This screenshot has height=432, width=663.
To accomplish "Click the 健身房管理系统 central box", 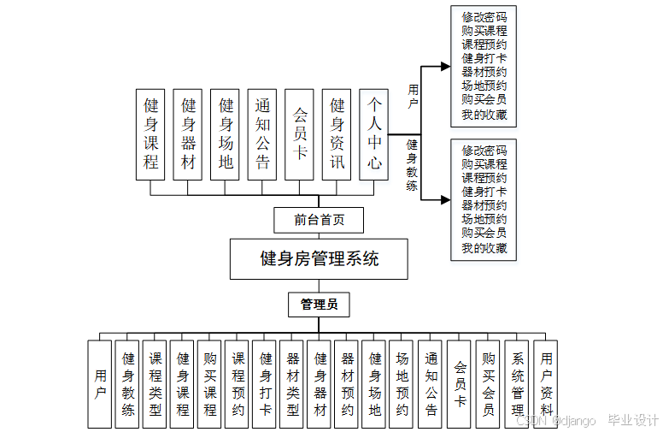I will click(318, 259).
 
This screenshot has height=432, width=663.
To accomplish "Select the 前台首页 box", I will click(319, 220).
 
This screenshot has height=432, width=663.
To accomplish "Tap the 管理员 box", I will click(318, 305).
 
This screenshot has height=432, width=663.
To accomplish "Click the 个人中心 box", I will click(374, 134).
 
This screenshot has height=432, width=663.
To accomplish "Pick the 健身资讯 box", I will click(337, 134).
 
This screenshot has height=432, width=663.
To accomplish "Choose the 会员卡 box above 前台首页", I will click(300, 134).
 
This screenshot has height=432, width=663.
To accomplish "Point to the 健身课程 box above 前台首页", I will click(151, 134).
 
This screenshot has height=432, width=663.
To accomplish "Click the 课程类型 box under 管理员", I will click(155, 384).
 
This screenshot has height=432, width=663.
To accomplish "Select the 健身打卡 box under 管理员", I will click(266, 384).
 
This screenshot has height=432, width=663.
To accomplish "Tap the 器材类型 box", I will click(293, 384).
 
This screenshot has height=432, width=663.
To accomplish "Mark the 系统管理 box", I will click(518, 384).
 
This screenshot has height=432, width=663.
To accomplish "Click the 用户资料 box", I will click(546, 384).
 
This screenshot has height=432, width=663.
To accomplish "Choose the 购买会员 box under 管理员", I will click(488, 384).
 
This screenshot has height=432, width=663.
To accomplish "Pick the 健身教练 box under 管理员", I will click(127, 384).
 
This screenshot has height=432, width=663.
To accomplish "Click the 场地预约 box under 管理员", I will click(402, 384).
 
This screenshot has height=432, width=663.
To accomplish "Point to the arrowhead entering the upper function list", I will click(443, 67).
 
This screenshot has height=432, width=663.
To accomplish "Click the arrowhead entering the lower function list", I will click(443, 200).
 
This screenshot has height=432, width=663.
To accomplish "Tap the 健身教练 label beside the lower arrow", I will click(412, 166).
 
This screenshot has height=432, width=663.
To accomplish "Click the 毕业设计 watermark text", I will click(632, 420).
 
